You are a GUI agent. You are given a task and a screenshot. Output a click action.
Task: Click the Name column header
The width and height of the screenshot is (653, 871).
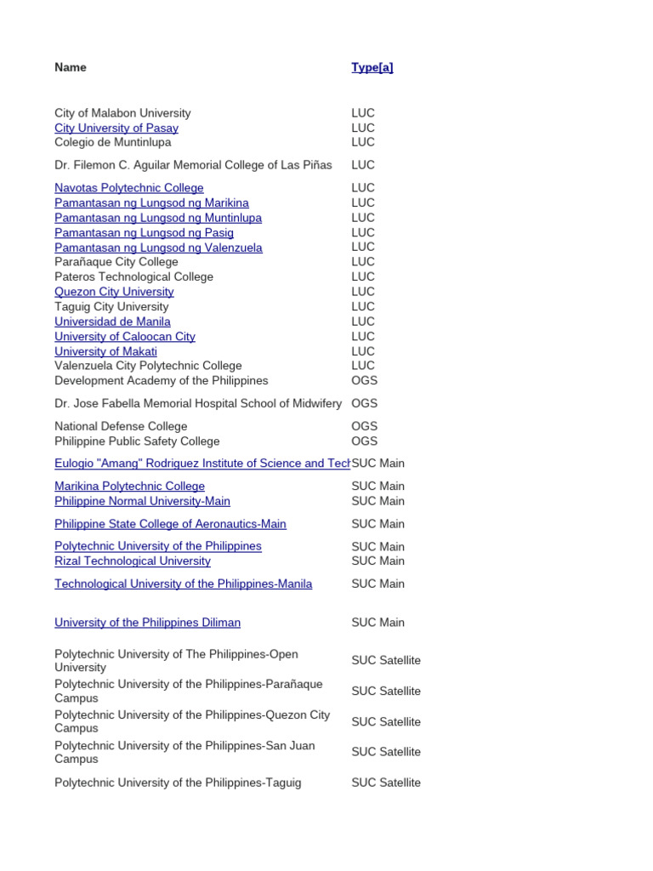pos(71,67)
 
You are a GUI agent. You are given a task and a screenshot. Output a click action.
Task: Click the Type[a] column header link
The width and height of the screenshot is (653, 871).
pos(372,67)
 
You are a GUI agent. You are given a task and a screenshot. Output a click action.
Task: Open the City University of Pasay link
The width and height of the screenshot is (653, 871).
pos(116,128)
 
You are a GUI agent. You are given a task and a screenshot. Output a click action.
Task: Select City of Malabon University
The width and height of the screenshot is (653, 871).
pos(122,112)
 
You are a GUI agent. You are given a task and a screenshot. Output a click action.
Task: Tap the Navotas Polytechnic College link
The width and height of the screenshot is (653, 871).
pos(128,187)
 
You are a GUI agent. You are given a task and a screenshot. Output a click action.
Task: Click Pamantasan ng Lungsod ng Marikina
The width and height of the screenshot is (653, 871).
pos(151,202)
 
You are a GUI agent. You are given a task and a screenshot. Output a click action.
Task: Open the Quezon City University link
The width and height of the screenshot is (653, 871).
pos(114,291)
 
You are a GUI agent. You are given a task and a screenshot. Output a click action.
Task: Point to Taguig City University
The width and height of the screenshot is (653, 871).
pos(111,306)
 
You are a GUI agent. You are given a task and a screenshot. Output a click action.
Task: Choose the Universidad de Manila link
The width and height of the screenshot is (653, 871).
pos(112,322)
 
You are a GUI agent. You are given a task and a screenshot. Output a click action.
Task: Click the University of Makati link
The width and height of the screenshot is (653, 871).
pos(105,351)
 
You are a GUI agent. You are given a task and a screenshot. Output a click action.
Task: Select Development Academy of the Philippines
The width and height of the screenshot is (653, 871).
pos(161,380)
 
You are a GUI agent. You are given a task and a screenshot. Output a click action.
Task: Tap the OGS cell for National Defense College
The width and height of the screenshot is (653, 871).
pos(364,426)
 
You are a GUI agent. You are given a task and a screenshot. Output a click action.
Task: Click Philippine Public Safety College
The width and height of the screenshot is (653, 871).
pos(137,441)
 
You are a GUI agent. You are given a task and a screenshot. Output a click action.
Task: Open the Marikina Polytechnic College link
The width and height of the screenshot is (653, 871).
pos(129,486)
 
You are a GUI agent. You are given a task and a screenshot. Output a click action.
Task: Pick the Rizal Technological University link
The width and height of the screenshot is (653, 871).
pos(132,561)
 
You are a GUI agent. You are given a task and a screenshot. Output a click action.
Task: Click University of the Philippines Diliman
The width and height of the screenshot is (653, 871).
pos(147,622)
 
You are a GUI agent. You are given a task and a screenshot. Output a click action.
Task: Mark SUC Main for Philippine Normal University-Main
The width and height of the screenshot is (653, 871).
pos(378,501)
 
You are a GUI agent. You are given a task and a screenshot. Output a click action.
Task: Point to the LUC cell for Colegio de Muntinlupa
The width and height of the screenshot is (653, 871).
pos(363,142)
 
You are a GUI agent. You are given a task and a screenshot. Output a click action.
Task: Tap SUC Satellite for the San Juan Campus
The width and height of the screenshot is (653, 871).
pos(386,752)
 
